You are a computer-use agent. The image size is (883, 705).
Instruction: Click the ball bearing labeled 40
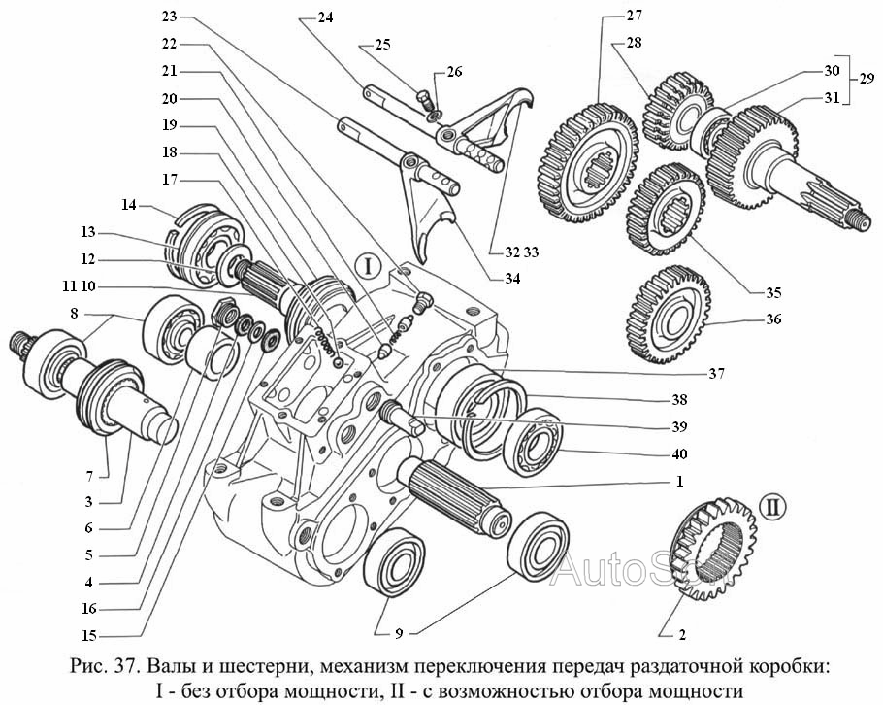(x=535, y=443)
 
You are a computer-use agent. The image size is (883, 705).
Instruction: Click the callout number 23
(x=170, y=17)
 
